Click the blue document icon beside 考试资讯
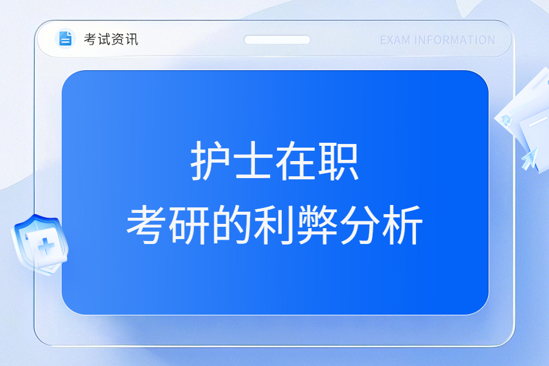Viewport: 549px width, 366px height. tap(65, 38)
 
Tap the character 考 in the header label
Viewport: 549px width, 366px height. tap(90, 39)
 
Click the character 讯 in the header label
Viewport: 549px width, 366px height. tap(132, 39)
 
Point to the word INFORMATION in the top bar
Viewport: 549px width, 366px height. tap(454, 40)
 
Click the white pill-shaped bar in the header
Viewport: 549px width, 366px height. tap(277, 40)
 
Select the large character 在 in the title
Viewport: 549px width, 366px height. tap(296, 161)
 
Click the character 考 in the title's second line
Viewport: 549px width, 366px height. tap(146, 224)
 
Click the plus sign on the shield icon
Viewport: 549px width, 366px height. tap(46, 246)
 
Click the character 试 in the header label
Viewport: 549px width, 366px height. tap(104, 39)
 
